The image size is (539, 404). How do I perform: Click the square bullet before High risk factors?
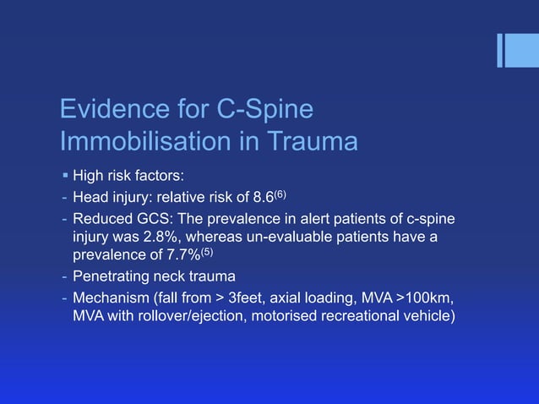click(x=65, y=177)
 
